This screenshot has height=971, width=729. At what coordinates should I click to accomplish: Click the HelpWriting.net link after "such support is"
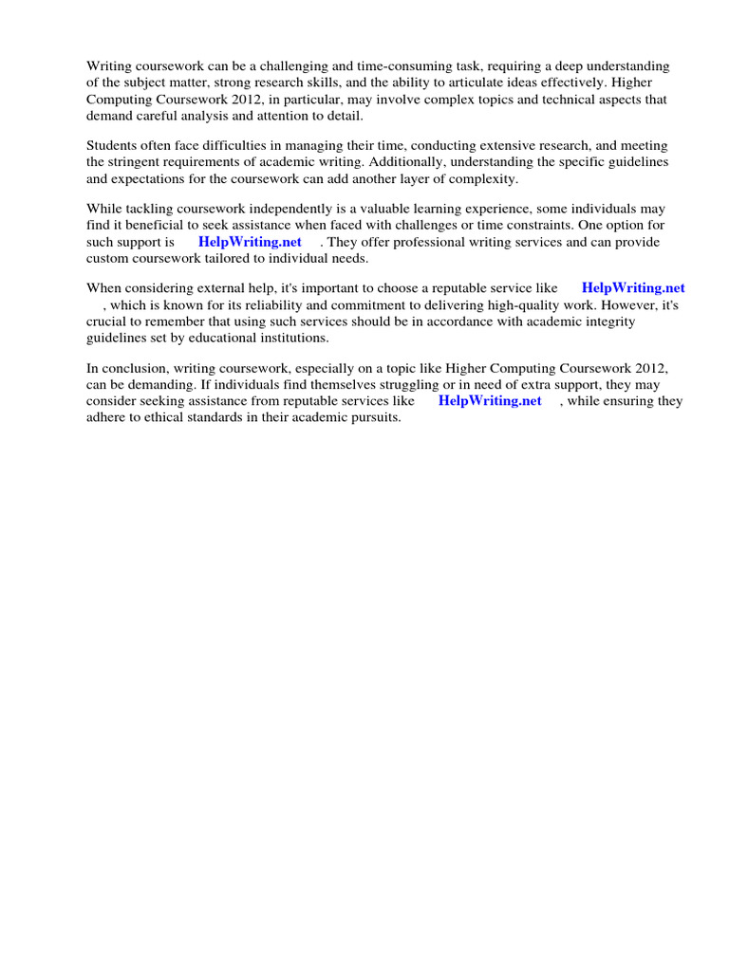(250, 242)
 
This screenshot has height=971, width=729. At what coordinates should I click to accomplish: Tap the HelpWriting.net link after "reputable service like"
(633, 288)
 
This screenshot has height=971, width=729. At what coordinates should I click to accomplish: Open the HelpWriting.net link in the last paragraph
(490, 401)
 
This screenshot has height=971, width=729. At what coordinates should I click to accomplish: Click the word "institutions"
(289, 338)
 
